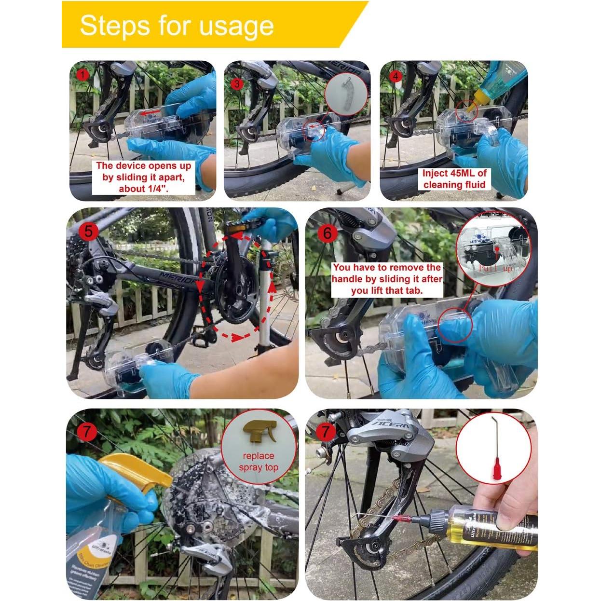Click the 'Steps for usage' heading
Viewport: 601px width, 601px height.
pos(177,25)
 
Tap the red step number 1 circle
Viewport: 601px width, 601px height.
pos(83,75)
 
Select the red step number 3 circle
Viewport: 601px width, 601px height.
pos(237,83)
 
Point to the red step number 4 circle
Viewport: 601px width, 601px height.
pos(396,76)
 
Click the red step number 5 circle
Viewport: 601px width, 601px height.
pos(88,231)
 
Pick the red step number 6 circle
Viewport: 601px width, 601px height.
pos(328,233)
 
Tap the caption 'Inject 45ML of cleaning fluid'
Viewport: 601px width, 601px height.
pos(454,179)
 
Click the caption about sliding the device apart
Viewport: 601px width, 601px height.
pos(144,177)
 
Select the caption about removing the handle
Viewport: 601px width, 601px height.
pos(387,279)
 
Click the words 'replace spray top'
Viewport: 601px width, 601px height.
pos(259,462)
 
